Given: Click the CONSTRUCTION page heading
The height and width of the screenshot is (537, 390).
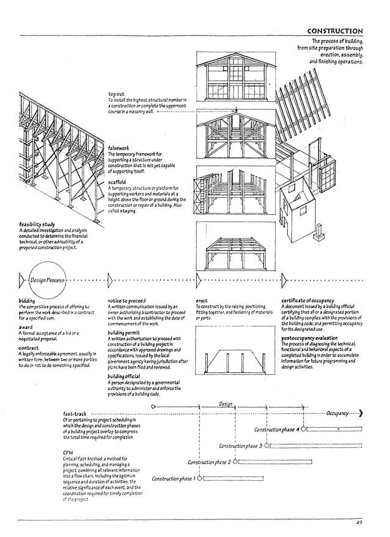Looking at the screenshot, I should pyautogui.click(x=334, y=31).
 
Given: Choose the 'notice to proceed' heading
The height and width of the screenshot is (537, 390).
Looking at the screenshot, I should pyautogui.click(x=127, y=300).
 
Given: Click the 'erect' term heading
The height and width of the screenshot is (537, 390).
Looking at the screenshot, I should pyautogui.click(x=202, y=300).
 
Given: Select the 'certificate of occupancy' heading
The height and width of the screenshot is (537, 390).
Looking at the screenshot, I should pyautogui.click(x=307, y=300).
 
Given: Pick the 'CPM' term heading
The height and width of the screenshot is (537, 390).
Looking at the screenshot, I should pyautogui.click(x=68, y=452).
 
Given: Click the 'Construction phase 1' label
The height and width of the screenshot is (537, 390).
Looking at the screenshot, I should pyautogui.click(x=174, y=478).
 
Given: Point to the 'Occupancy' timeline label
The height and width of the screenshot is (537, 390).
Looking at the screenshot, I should pyautogui.click(x=337, y=413).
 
